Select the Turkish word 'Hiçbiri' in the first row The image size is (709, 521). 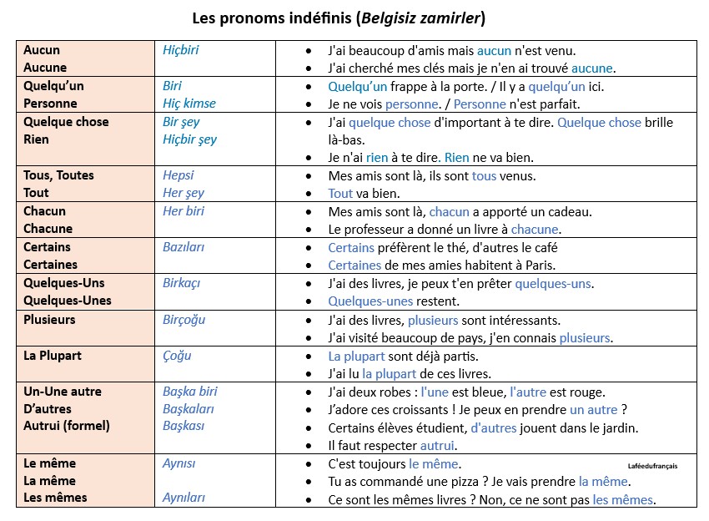[x=181, y=50]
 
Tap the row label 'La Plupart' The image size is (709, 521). [x=53, y=356]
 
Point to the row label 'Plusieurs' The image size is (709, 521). [x=49, y=320]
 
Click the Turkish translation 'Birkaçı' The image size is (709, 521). [x=182, y=283]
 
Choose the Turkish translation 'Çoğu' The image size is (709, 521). [x=177, y=356]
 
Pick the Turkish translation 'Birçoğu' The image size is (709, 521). [x=184, y=320]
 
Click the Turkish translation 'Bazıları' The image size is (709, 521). [x=184, y=247]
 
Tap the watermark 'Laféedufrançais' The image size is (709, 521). [x=652, y=466]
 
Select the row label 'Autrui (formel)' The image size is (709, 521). [x=67, y=426]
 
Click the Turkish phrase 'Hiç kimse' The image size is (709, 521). [x=189, y=104]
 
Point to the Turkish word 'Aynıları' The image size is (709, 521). [x=184, y=498]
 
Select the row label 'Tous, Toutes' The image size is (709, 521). [x=58, y=175]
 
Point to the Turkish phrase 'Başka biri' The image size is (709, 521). [x=190, y=392]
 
